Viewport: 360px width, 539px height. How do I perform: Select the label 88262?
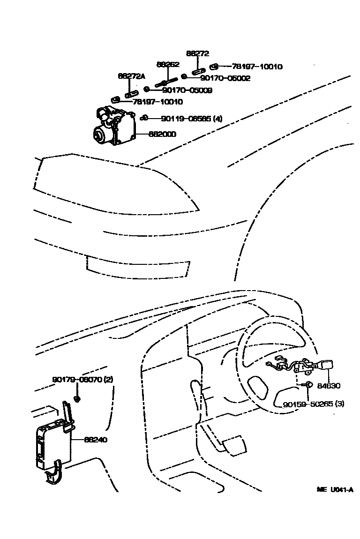pyautogui.click(x=168, y=64)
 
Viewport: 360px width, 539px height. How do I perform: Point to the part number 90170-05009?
pyautogui.click(x=187, y=90)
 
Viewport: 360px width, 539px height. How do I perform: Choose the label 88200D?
pyautogui.click(x=163, y=134)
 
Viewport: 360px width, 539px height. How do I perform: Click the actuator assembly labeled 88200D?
pyautogui.click(x=114, y=126)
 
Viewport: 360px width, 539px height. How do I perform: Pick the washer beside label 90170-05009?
pyautogui.click(x=147, y=89)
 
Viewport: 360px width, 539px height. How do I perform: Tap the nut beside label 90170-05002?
pyautogui.click(x=185, y=76)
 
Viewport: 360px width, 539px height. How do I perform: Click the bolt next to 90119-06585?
pyautogui.click(x=144, y=118)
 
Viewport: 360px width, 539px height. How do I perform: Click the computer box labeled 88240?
pyautogui.click(x=52, y=443)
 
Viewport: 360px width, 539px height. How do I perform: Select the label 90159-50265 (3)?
pyautogui.click(x=313, y=403)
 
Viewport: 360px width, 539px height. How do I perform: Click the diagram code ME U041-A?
pyautogui.click(x=334, y=490)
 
